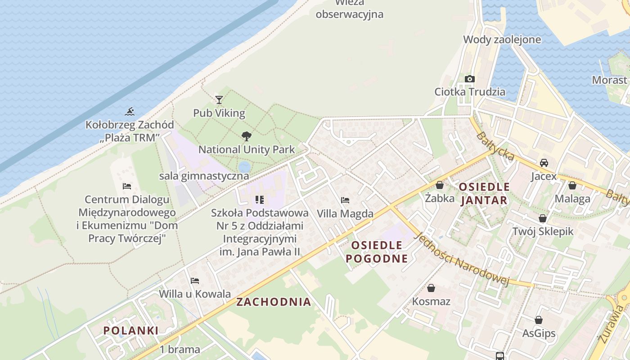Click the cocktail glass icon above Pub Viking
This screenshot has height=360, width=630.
(219, 99)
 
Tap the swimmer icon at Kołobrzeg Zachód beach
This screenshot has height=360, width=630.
(130, 111)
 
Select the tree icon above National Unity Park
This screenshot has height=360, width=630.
(246, 136)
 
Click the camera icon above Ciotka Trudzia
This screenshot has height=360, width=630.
(470, 79)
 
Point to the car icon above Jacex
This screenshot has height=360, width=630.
(544, 163)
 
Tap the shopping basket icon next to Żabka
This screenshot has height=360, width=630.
(439, 185)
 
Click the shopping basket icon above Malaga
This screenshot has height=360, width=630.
(572, 185)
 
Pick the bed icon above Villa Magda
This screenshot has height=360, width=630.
(345, 200)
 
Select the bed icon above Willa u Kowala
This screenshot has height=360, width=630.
(195, 281)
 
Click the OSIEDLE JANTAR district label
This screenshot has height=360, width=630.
(484, 193)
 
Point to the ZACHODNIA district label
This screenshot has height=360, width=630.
(274, 302)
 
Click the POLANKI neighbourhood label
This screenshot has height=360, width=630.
(131, 330)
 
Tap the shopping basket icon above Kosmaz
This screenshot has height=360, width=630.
(431, 288)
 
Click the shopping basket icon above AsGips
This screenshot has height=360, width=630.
(539, 320)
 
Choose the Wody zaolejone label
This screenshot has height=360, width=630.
(502, 40)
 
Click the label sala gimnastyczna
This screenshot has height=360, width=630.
(204, 176)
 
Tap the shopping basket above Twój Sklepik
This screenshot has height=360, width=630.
(543, 218)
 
